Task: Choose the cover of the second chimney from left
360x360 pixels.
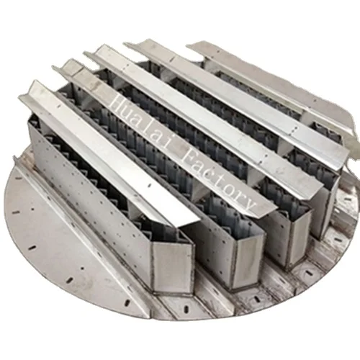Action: tap(166, 137)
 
